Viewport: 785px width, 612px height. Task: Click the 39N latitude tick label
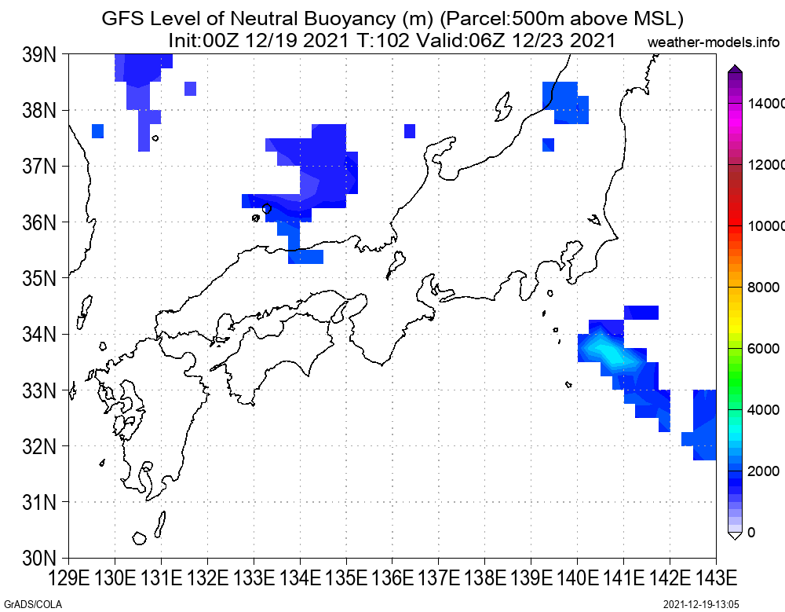tap(39, 55)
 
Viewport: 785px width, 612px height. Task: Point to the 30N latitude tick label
tap(39, 559)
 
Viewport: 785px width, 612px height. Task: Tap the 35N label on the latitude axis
tap(39, 278)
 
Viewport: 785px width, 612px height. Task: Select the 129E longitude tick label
tap(68, 579)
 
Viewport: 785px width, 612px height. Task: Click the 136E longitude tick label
tap(392, 579)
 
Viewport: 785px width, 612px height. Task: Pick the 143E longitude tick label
tap(716, 579)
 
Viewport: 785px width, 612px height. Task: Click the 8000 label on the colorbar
tap(764, 288)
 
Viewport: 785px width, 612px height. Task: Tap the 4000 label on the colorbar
tap(764, 410)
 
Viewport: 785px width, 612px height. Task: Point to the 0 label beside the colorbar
tap(751, 533)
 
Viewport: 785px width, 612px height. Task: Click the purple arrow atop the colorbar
tap(735, 68)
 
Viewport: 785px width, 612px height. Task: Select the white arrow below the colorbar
tap(735, 536)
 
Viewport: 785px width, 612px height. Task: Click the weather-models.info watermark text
tap(714, 42)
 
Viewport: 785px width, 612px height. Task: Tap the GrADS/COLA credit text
tap(33, 604)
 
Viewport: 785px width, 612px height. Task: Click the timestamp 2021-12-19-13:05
tap(701, 604)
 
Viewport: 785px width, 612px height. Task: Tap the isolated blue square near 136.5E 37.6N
tap(410, 131)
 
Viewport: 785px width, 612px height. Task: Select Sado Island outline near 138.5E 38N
tap(503, 106)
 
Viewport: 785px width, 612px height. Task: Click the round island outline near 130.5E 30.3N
tap(139, 538)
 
